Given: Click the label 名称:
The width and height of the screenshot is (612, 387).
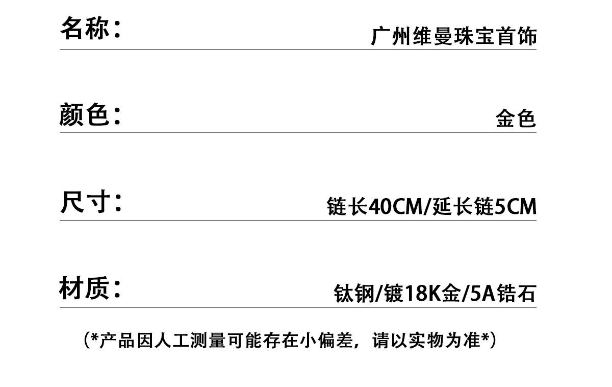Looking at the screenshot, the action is coord(91,28).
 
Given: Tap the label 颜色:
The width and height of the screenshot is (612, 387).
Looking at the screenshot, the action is coord(91,114).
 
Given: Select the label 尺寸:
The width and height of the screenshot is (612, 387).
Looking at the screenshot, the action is coord(91,202).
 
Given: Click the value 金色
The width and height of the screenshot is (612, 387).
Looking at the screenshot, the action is coord(516,119).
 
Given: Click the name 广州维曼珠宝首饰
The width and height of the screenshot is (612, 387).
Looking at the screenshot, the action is coord(453,37).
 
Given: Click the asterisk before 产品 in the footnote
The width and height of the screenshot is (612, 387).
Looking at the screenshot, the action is coord(94,338).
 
